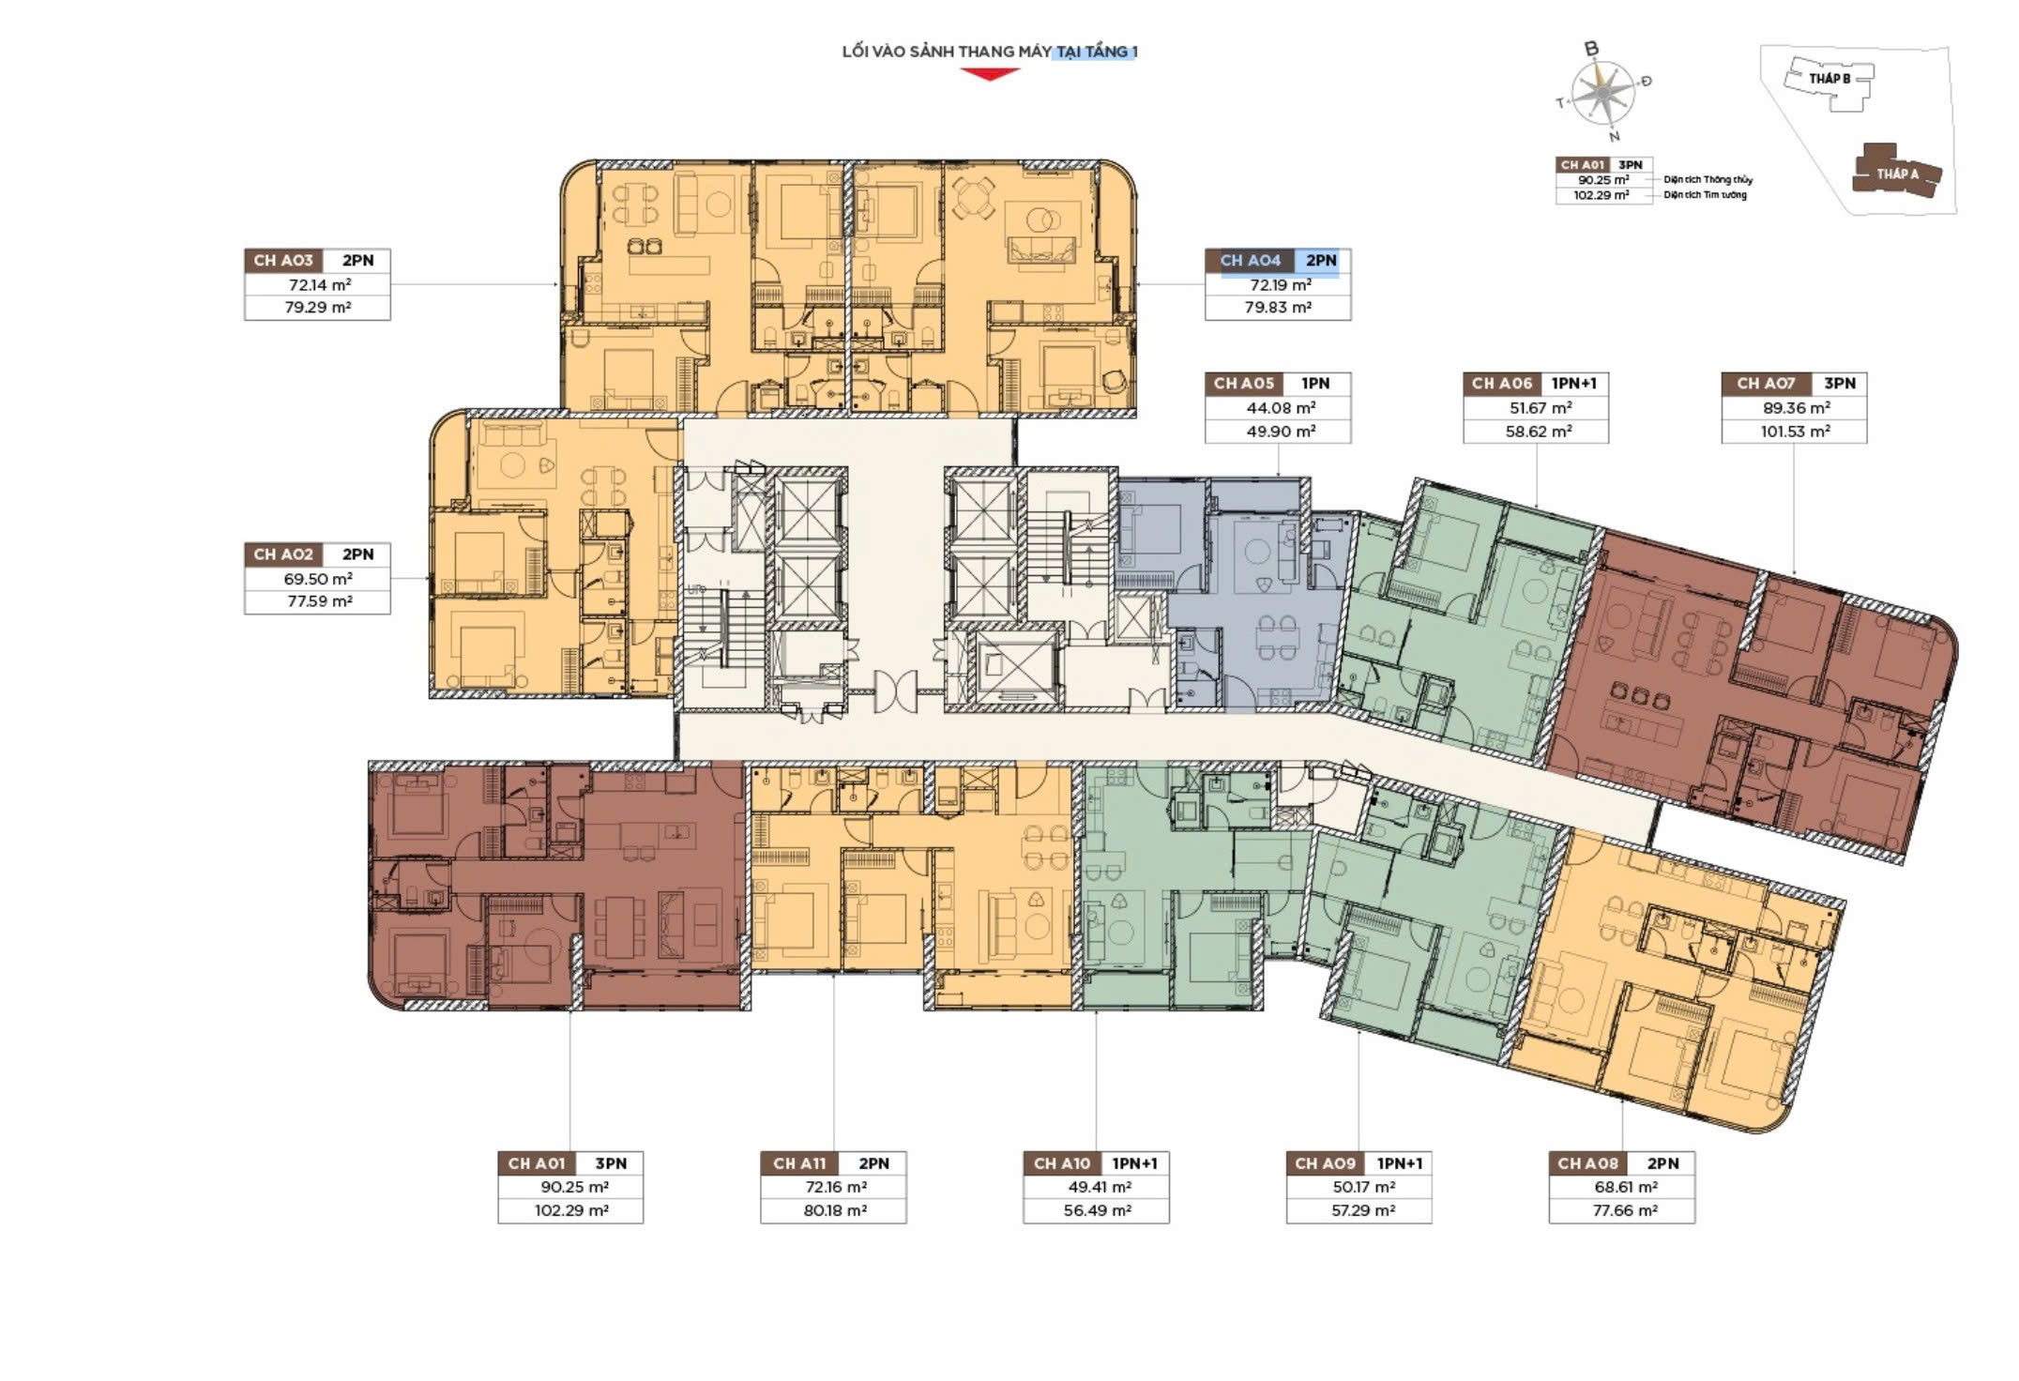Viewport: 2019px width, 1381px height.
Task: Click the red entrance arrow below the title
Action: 989,74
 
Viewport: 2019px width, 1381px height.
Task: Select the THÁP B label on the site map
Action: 1829,79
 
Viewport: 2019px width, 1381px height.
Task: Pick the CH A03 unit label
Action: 283,261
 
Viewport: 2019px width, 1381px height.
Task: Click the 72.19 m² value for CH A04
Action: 1280,285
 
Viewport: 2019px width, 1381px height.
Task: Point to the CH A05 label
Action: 1244,384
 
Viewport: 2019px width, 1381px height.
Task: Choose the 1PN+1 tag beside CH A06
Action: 1573,384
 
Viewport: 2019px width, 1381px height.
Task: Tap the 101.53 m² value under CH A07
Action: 1795,432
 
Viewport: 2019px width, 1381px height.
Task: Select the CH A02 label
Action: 283,554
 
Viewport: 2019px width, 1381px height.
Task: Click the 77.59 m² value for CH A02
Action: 319,601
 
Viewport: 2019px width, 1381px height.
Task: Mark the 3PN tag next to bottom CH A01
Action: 611,1163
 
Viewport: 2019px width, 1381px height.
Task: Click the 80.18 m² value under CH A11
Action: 834,1210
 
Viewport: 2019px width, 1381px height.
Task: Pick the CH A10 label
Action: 1062,1163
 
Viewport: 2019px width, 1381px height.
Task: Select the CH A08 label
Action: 1587,1163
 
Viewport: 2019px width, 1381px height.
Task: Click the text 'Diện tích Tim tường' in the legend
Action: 1706,195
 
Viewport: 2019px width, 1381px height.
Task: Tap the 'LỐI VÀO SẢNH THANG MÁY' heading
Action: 947,52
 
